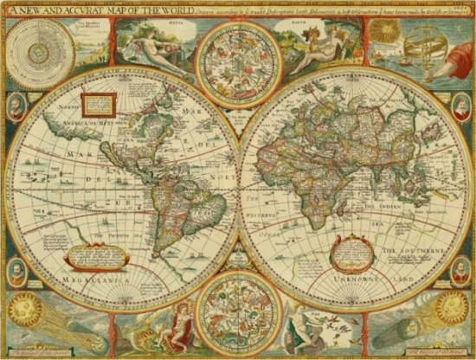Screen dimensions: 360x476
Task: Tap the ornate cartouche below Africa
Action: [x=308, y=251]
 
